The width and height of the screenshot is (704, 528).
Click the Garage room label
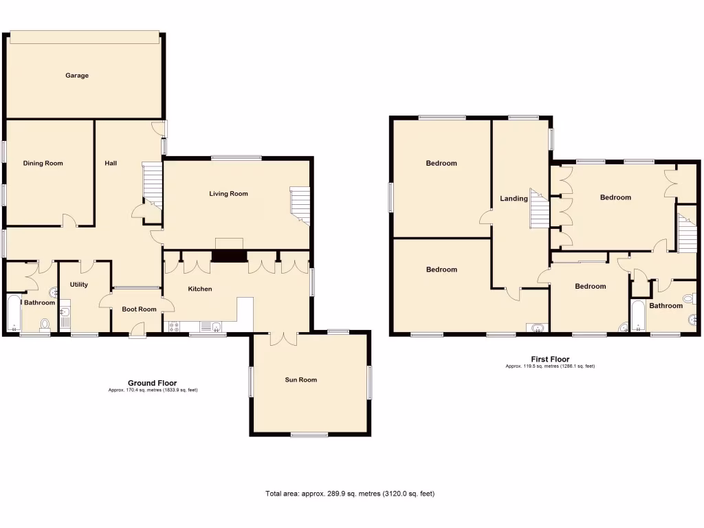[77, 76]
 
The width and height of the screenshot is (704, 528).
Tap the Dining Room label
[43, 164]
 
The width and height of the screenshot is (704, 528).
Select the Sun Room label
[301, 379]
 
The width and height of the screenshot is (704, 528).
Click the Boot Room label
[139, 309]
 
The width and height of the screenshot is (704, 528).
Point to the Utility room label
[78, 285]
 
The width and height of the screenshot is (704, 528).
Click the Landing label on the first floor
[514, 199]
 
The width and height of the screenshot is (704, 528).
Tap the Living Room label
[228, 194]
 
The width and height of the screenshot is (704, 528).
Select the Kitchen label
[200, 289]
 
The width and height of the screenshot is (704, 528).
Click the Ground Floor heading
[152, 383]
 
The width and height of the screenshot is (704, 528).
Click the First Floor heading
[550, 359]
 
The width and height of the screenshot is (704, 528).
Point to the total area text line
[350, 494]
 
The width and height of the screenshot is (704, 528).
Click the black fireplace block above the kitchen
[229, 256]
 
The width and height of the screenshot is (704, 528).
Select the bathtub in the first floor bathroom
[637, 317]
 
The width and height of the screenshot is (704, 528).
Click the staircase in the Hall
[151, 184]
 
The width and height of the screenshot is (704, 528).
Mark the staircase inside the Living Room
[300, 205]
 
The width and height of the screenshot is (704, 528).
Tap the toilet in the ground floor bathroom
[45, 324]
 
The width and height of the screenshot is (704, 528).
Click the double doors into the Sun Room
[283, 338]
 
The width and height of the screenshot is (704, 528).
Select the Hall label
[111, 164]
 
